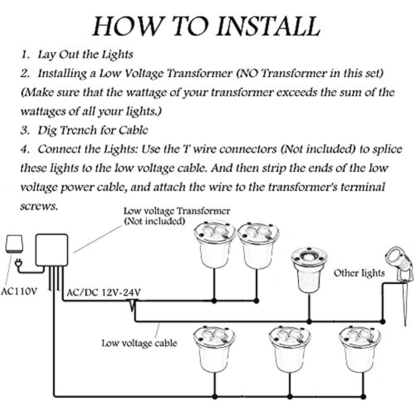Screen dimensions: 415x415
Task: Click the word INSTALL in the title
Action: tap(269, 26)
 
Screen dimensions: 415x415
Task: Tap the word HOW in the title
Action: tap(127, 26)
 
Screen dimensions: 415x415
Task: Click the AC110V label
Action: tap(20, 291)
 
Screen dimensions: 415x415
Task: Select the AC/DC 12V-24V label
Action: tap(103, 293)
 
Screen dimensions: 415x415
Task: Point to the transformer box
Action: tap(51, 250)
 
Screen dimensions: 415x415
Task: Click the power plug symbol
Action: tap(18, 264)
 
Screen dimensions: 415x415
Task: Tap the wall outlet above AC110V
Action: tap(14, 244)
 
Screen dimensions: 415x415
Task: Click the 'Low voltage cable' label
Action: tap(139, 343)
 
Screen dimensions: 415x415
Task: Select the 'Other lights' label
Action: tap(359, 273)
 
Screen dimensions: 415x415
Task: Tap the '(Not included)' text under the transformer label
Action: tap(154, 221)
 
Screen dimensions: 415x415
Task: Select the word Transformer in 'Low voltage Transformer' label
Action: tap(203, 211)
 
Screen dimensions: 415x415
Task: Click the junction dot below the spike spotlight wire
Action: tap(383, 322)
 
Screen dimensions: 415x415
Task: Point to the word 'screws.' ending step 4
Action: tap(39, 206)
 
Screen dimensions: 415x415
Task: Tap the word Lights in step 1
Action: tap(117, 55)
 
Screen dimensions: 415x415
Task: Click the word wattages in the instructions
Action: tap(43, 111)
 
